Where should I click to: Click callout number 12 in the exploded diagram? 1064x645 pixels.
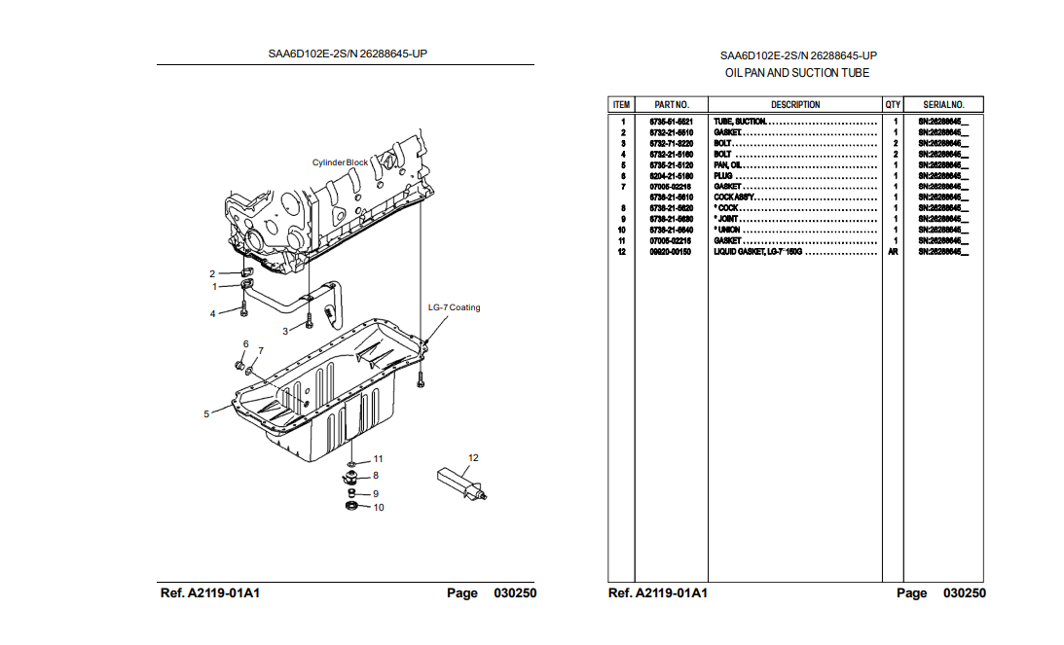pyautogui.click(x=473, y=457)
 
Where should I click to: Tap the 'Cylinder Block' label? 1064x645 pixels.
pyautogui.click(x=341, y=162)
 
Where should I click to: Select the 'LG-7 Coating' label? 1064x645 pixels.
pyautogui.click(x=454, y=307)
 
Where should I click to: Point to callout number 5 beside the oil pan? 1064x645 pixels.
pyautogui.click(x=206, y=414)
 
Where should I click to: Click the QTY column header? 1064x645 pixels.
pyautogui.click(x=893, y=104)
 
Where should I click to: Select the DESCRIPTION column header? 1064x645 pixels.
pyautogui.click(x=795, y=104)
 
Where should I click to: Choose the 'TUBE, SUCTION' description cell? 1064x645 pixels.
pyautogui.click(x=741, y=122)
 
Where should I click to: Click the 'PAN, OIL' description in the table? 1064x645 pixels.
pyautogui.click(x=729, y=164)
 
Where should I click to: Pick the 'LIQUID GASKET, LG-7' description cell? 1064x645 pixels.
pyautogui.click(x=758, y=251)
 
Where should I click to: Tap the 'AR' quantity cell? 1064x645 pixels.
pyautogui.click(x=893, y=251)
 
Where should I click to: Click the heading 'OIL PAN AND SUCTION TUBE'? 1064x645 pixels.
pyautogui.click(x=797, y=73)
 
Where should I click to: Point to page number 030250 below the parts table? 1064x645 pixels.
pyautogui.click(x=964, y=593)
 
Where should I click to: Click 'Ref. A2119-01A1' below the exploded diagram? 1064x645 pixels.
pyautogui.click(x=215, y=593)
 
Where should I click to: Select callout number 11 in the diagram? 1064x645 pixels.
pyautogui.click(x=378, y=458)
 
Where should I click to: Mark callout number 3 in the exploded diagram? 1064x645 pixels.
pyautogui.click(x=286, y=331)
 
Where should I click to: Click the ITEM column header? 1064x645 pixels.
pyautogui.click(x=621, y=104)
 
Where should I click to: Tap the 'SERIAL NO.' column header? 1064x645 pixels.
pyautogui.click(x=943, y=104)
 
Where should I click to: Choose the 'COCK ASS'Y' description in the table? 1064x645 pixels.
pyautogui.click(x=735, y=197)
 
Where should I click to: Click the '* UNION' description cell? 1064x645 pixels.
pyautogui.click(x=728, y=230)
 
